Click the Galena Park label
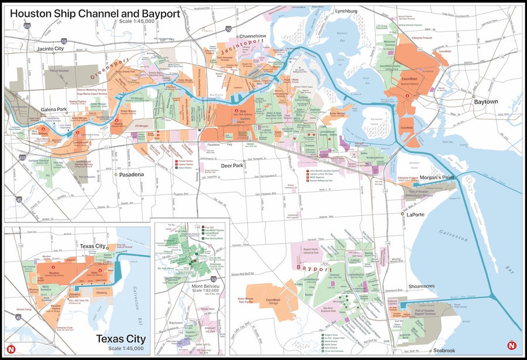54,109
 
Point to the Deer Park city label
256,166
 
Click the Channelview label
252,36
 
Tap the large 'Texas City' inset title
121,339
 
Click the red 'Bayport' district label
314,268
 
